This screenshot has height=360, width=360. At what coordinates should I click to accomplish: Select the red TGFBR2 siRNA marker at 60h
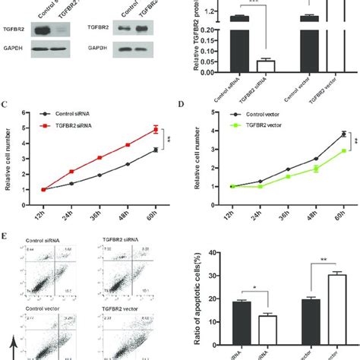tap(156, 129)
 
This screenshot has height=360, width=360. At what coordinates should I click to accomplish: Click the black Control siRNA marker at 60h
tap(156, 150)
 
